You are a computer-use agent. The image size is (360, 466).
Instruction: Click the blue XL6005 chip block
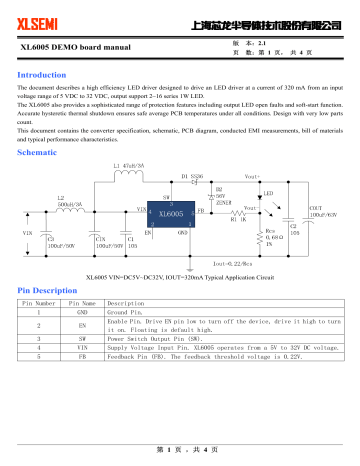click(171, 214)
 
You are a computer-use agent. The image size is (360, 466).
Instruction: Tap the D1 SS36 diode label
click(191, 176)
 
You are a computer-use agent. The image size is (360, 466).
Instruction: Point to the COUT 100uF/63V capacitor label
click(321, 211)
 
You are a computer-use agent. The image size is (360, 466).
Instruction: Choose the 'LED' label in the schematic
click(270, 192)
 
